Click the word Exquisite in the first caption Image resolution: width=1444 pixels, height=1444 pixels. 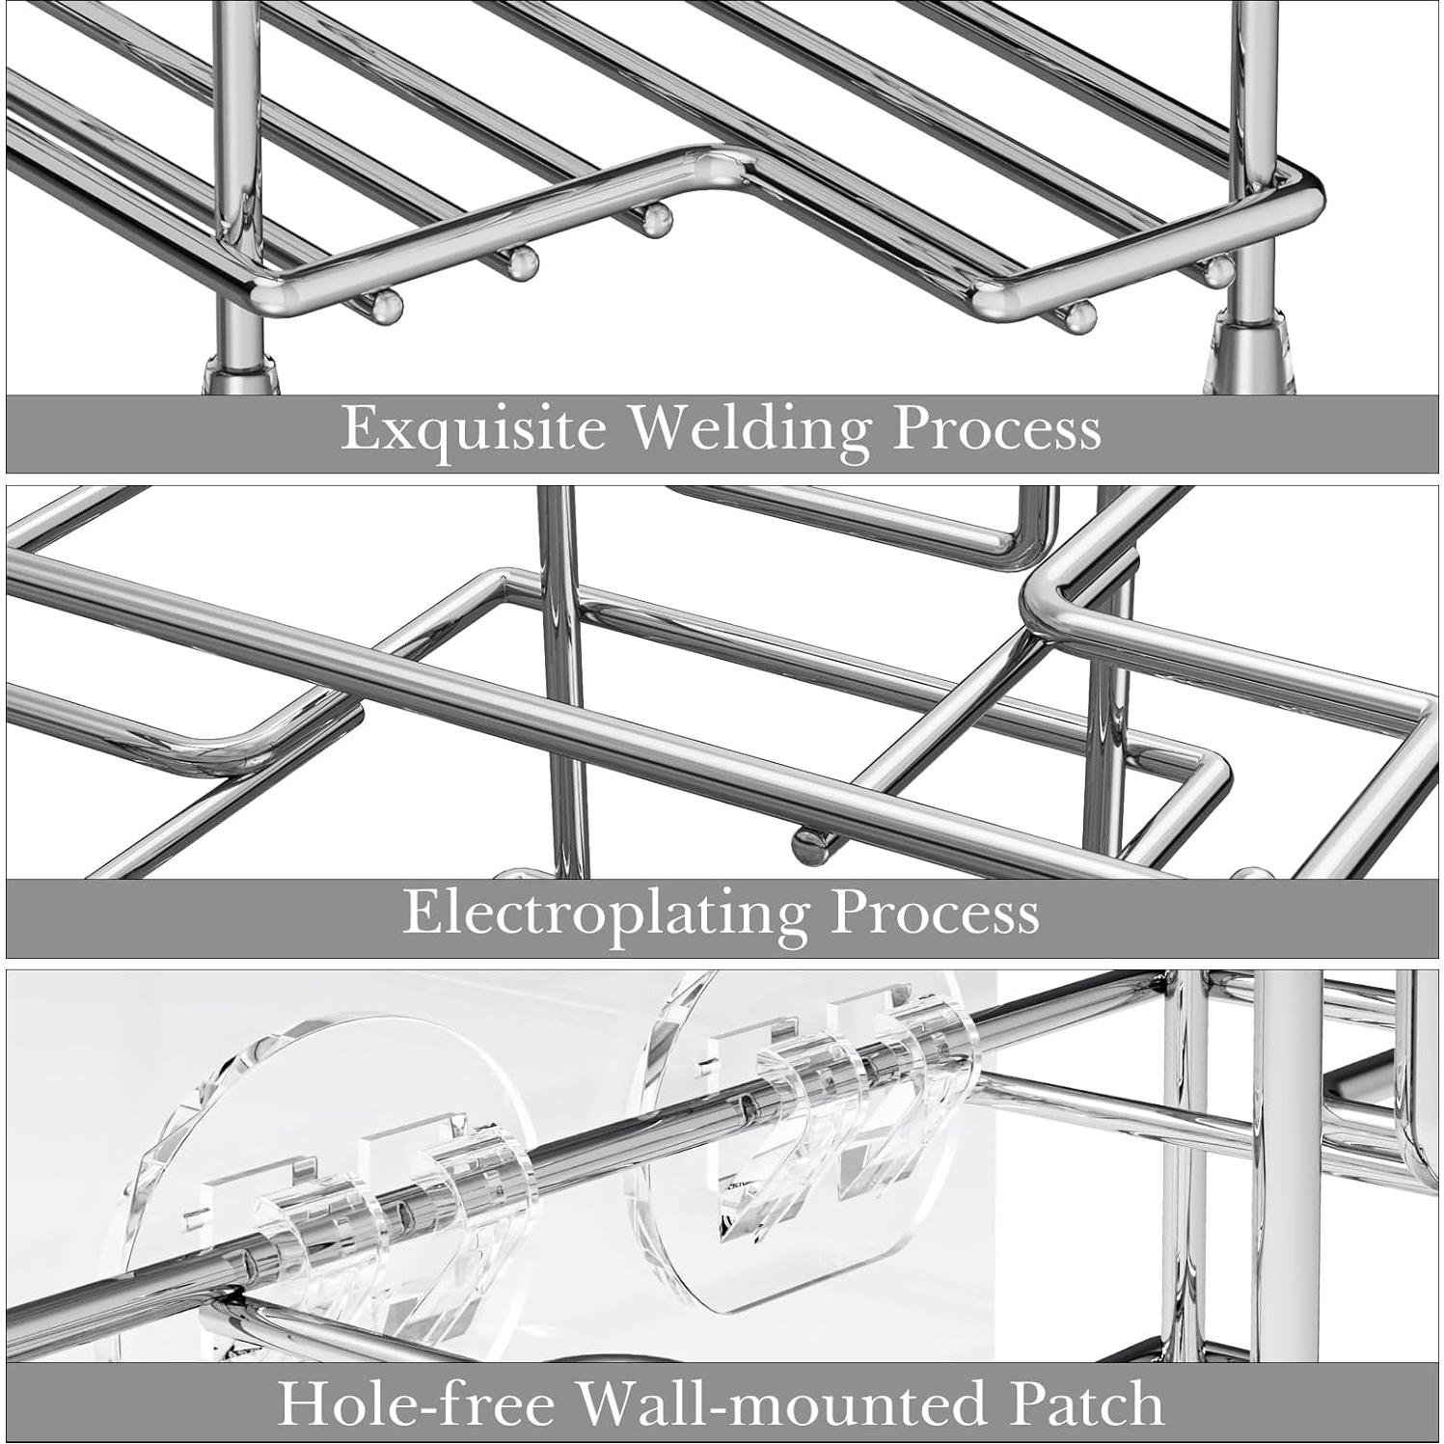473,428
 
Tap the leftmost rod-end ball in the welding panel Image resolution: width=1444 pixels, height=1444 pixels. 388,306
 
